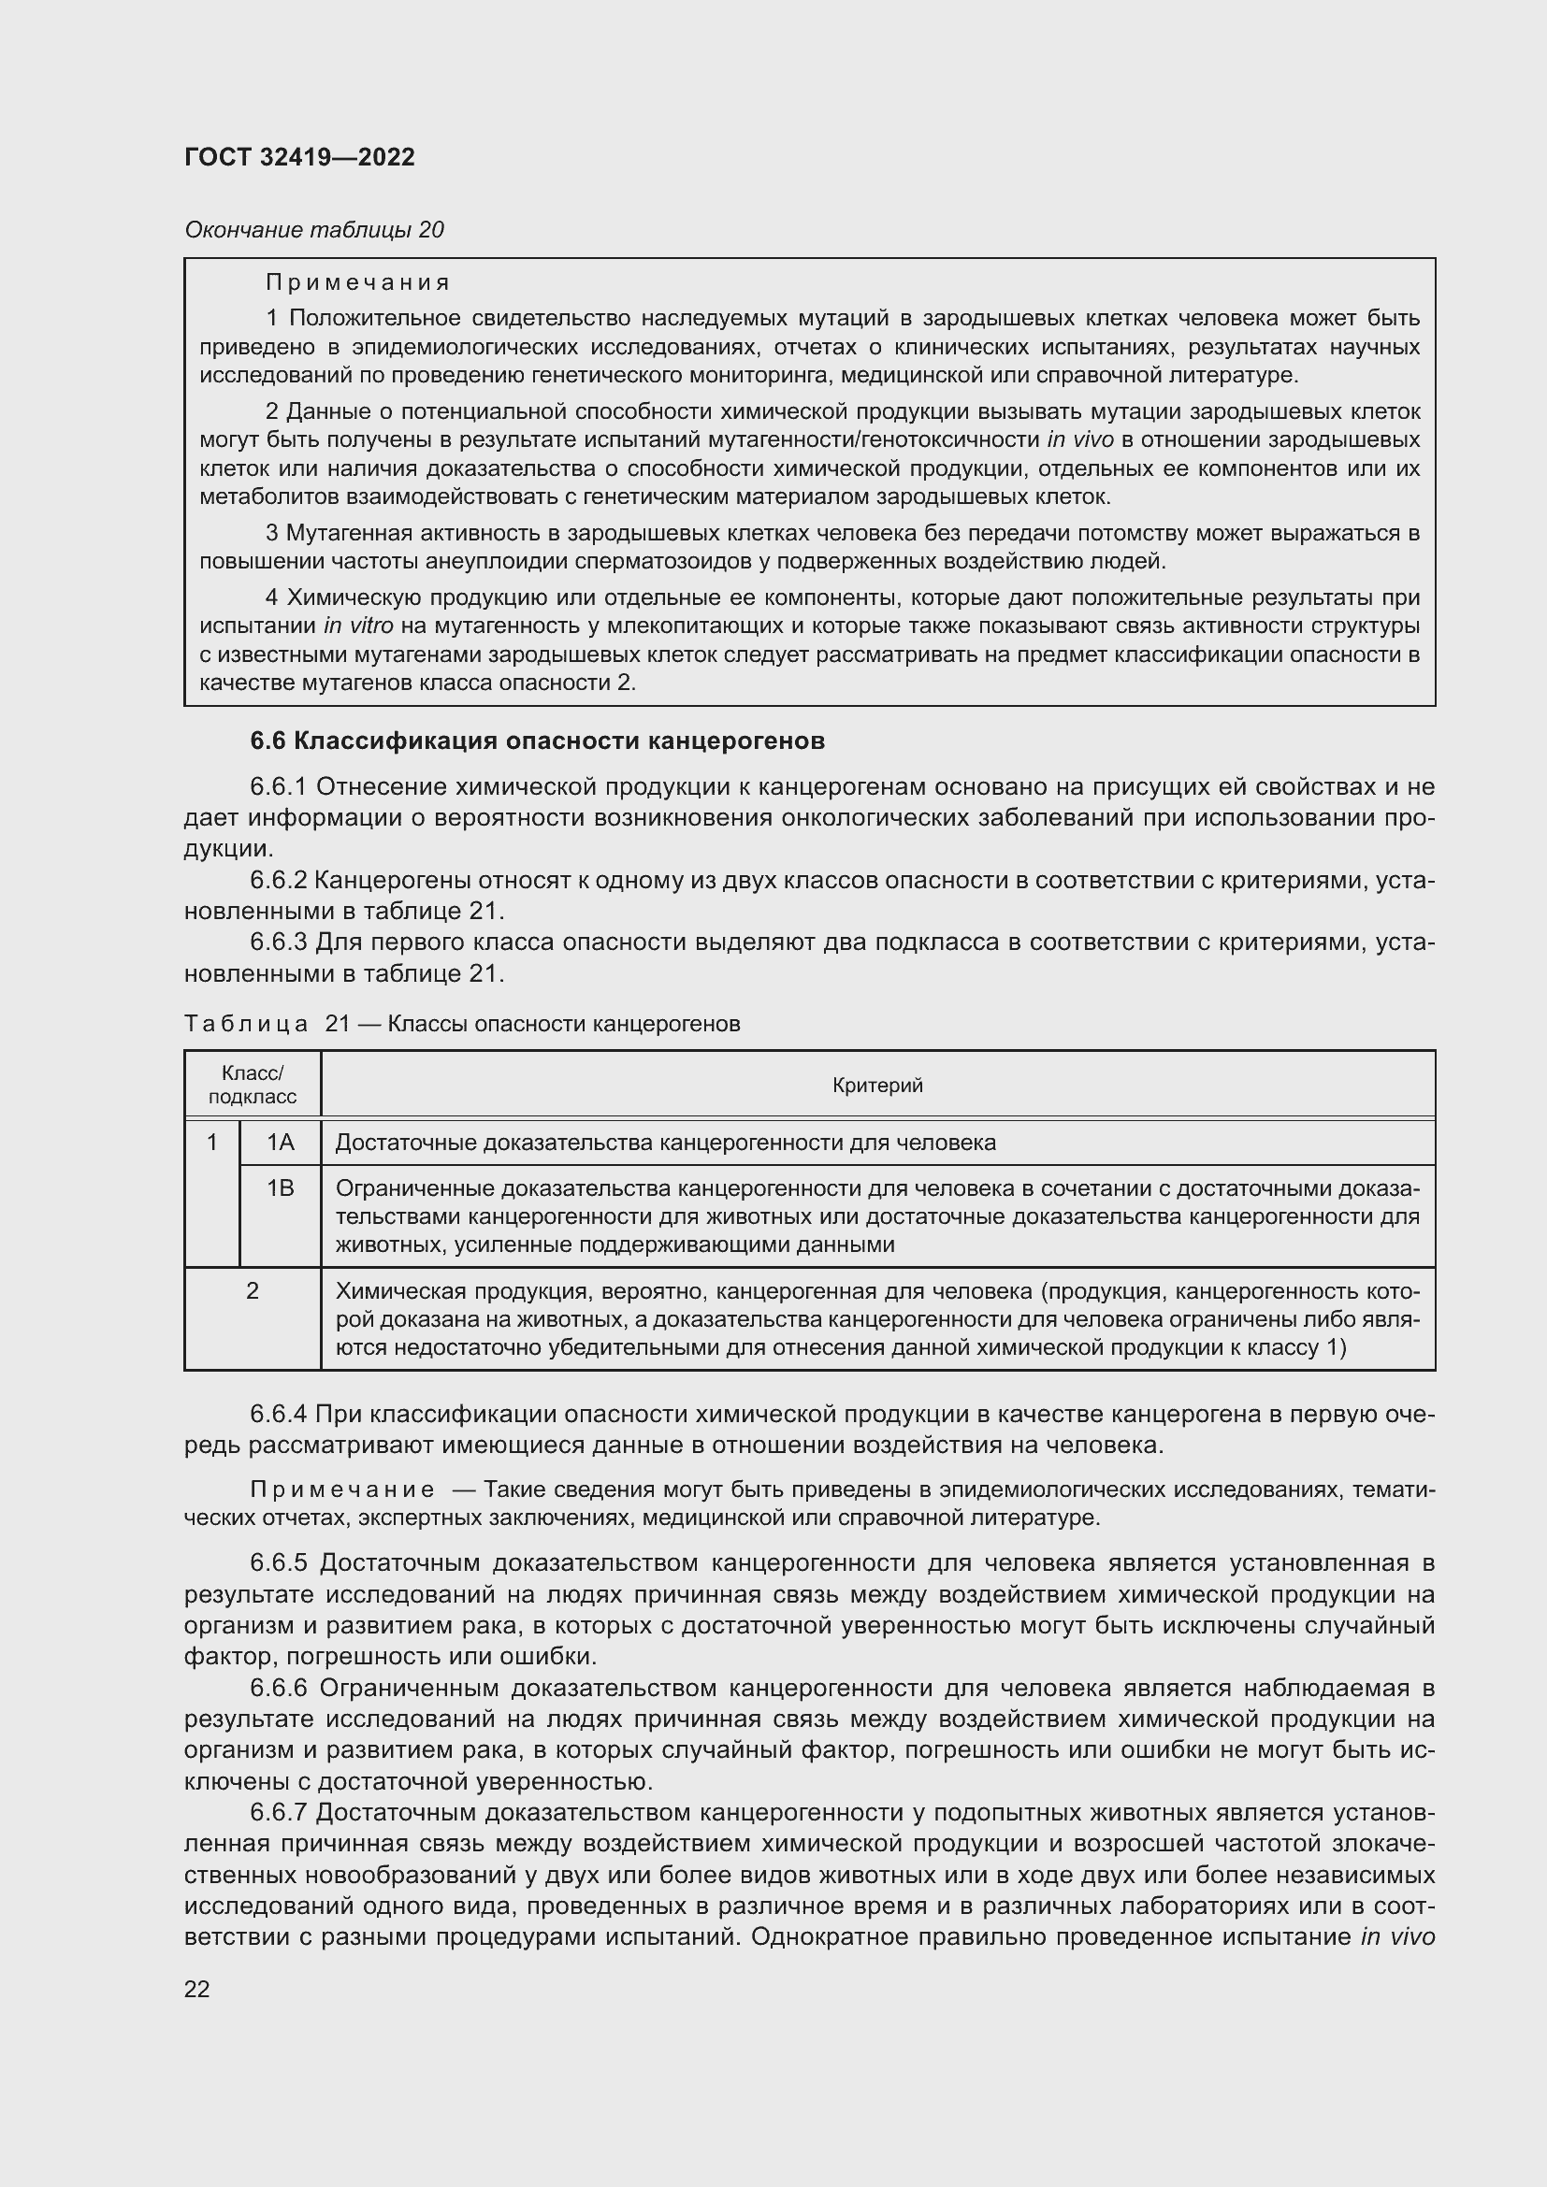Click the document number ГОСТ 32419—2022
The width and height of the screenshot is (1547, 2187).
click(299, 157)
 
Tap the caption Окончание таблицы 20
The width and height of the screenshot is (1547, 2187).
click(313, 230)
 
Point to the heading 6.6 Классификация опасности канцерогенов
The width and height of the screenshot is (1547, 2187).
click(537, 741)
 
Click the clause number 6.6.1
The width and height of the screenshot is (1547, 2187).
click(278, 786)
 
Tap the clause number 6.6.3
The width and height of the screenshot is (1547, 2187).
click(278, 942)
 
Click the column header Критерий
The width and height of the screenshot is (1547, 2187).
click(877, 1085)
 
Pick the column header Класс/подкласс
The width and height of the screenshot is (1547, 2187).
click(253, 1085)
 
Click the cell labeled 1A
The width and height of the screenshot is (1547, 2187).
click(280, 1142)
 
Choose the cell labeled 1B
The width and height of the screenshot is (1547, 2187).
click(280, 1187)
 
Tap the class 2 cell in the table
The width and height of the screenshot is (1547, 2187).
click(253, 1290)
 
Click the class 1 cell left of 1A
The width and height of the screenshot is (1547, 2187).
click(212, 1142)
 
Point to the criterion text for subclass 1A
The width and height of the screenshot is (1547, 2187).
click(665, 1142)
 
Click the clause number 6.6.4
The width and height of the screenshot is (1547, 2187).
click(278, 1414)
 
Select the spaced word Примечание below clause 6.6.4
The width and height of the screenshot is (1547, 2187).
click(342, 1489)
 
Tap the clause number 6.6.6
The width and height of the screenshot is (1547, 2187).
click(278, 1688)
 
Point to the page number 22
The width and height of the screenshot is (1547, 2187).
click(197, 1989)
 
